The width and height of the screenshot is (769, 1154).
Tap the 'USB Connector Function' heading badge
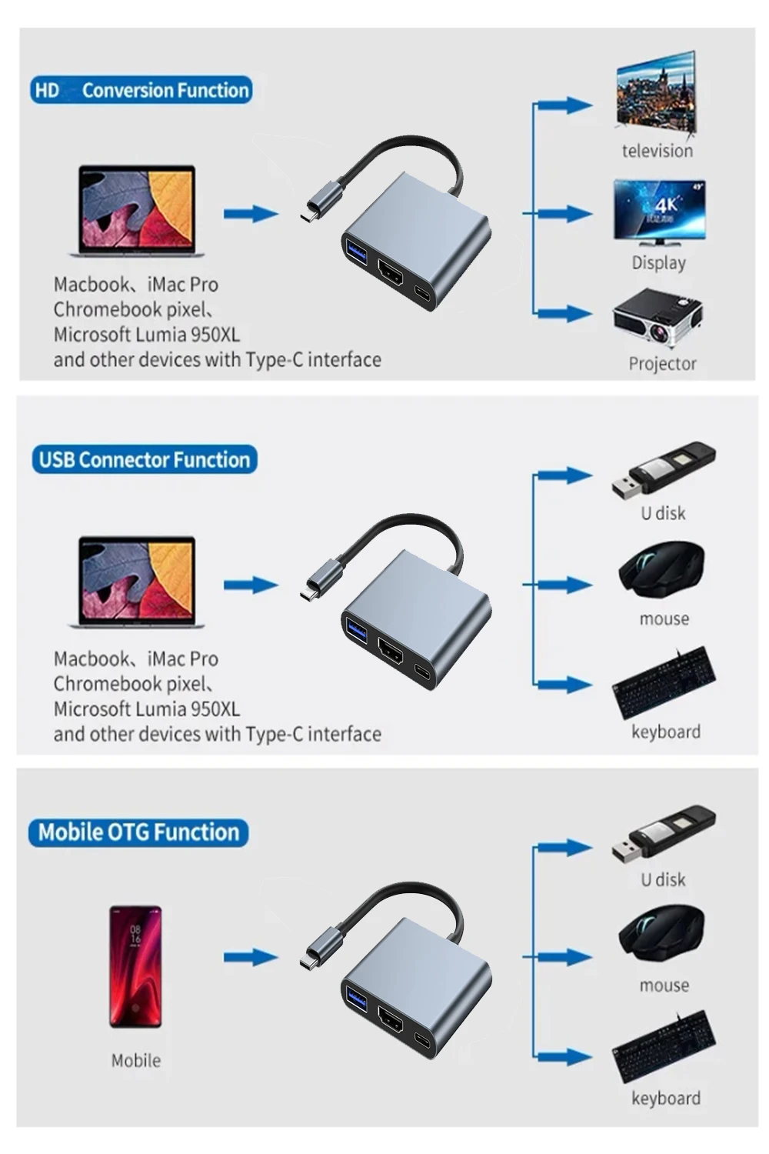point(144,460)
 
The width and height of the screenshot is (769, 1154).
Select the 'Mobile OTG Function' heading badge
point(138,832)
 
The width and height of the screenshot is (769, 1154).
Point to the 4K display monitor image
point(659,211)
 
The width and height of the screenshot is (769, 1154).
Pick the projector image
point(658,317)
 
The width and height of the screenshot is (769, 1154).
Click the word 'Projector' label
point(662,364)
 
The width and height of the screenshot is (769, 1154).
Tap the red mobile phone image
point(135,966)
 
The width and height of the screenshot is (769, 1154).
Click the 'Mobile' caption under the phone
point(136,1061)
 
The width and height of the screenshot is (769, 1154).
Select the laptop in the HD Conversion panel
point(137,211)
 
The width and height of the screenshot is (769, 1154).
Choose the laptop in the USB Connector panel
point(137,582)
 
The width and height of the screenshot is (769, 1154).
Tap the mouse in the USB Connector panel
point(661,570)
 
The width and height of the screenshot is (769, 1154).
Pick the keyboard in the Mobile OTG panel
point(664,1049)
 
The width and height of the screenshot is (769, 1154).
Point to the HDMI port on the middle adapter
point(391,651)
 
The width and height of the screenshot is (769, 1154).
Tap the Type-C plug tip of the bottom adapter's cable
point(308,963)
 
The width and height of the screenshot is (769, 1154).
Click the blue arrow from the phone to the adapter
point(250,958)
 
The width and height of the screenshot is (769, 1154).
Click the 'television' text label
point(657,151)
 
